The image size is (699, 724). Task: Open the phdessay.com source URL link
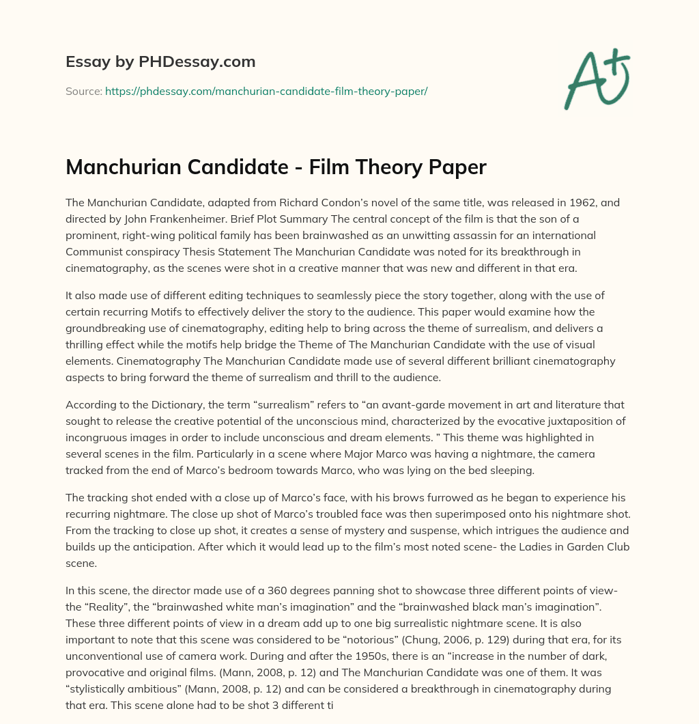click(266, 91)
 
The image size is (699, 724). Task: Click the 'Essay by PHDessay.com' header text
click(160, 61)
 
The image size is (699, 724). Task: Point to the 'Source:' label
click(83, 91)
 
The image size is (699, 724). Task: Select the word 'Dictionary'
click(187, 404)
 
